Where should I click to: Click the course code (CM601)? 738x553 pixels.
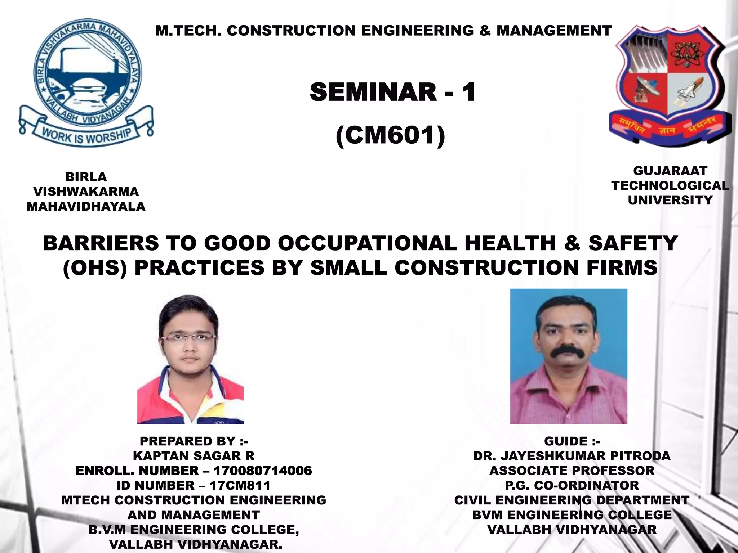[390, 135]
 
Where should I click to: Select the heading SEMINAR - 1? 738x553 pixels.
[392, 92]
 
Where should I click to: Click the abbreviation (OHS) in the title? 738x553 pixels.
[95, 268]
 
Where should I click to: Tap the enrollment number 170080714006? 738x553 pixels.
[263, 471]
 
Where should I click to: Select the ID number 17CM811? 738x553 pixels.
[240, 485]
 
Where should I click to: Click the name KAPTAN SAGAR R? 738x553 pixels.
[194, 456]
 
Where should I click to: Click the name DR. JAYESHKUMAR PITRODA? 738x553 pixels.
[572, 456]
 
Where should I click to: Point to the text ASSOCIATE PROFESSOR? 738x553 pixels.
[572, 471]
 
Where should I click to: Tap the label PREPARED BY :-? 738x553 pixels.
[194, 441]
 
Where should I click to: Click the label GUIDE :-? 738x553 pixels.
[572, 441]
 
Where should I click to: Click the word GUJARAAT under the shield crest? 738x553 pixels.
[670, 171]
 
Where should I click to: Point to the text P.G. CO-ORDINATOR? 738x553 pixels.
[572, 485]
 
